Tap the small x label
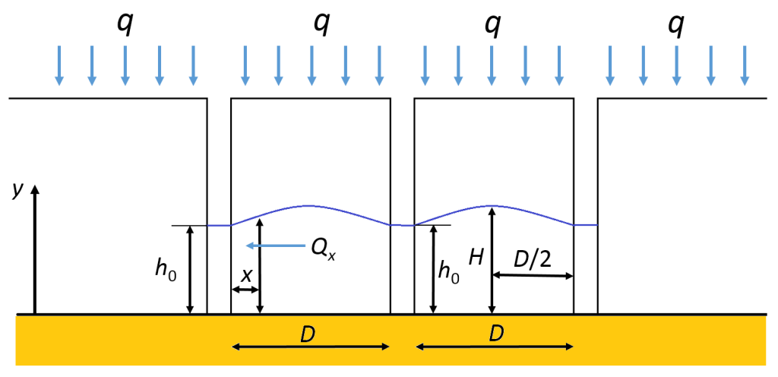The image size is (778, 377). (x=245, y=276)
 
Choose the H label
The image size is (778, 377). (x=476, y=258)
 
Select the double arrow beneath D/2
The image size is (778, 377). (x=533, y=275)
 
